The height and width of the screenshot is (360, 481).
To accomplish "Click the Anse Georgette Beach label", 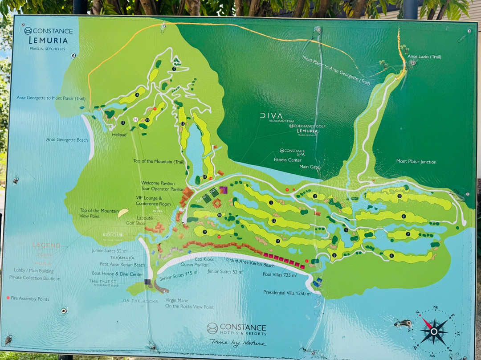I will (x=67, y=139).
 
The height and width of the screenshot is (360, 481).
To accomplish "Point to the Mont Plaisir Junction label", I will (x=416, y=162).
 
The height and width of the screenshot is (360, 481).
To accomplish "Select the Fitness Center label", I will (x=287, y=160).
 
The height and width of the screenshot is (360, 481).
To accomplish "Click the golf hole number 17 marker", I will (x=174, y=69).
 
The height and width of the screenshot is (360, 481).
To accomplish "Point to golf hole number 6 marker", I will (x=391, y=255).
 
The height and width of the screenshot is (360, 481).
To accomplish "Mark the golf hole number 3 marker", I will (x=399, y=196).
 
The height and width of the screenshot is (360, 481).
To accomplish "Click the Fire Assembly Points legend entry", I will (x=28, y=299).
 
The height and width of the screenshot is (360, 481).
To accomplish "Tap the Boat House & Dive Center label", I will (x=118, y=274).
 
